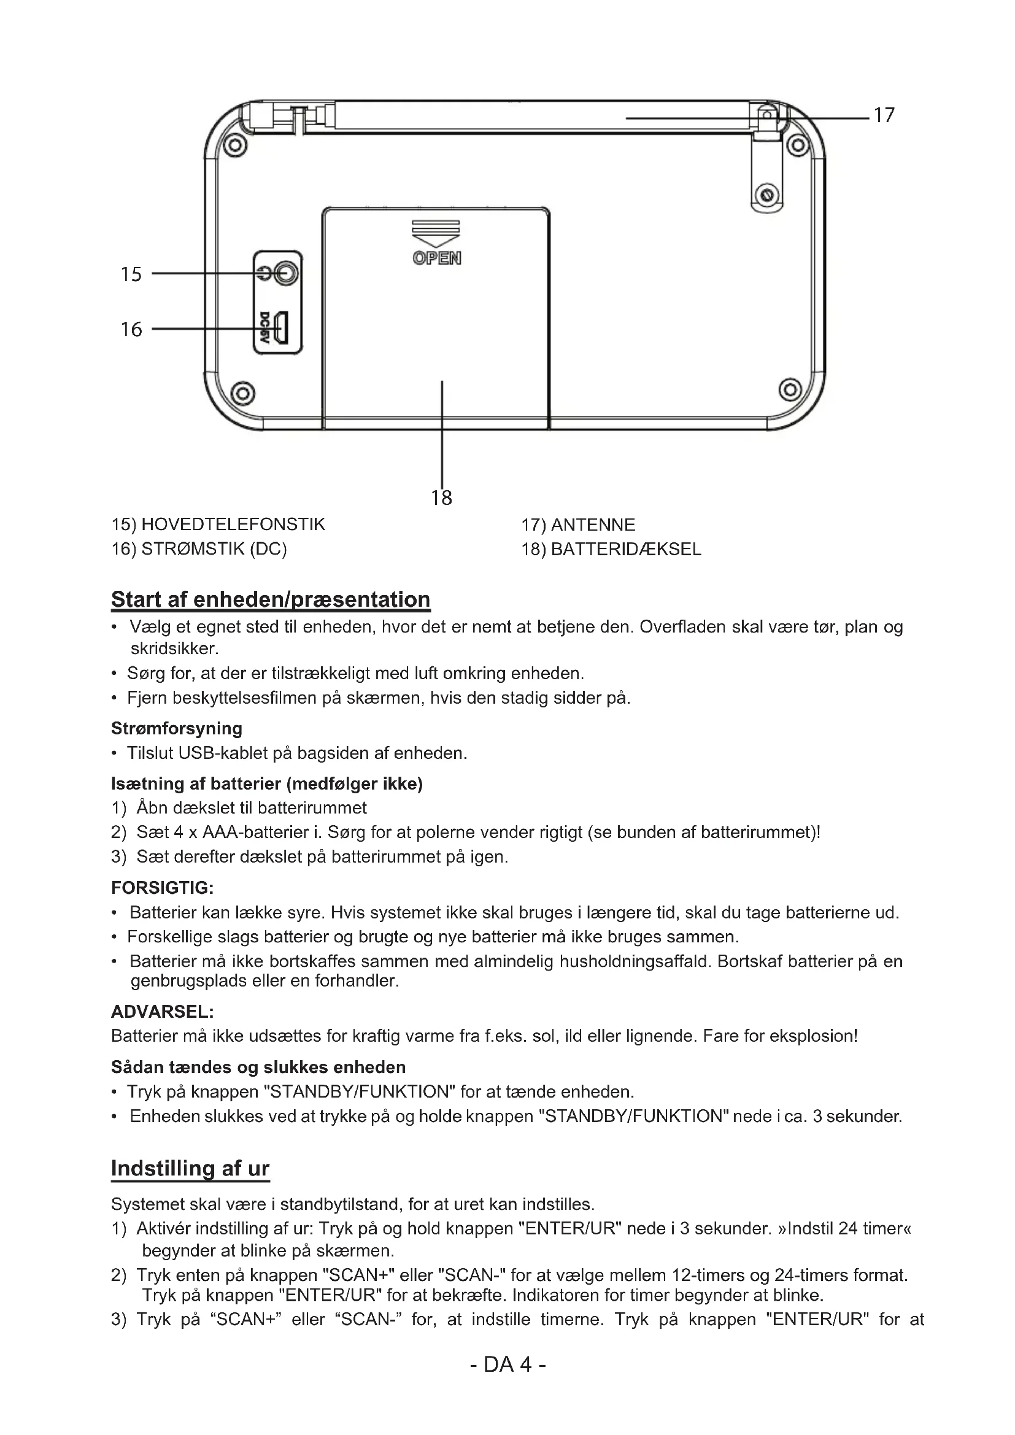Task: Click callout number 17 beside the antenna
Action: point(884,115)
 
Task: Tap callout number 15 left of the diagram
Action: point(131,274)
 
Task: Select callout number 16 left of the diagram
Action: point(131,329)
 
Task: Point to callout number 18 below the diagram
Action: point(441,498)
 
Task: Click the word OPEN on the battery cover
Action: point(437,258)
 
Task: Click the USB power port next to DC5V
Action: point(282,328)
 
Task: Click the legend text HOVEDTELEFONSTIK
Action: point(233,524)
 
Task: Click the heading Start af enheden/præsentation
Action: point(271,599)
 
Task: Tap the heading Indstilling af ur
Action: point(190,1168)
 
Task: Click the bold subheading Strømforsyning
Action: point(177,728)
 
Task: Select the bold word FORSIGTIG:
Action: point(163,888)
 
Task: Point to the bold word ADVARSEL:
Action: point(163,1012)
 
